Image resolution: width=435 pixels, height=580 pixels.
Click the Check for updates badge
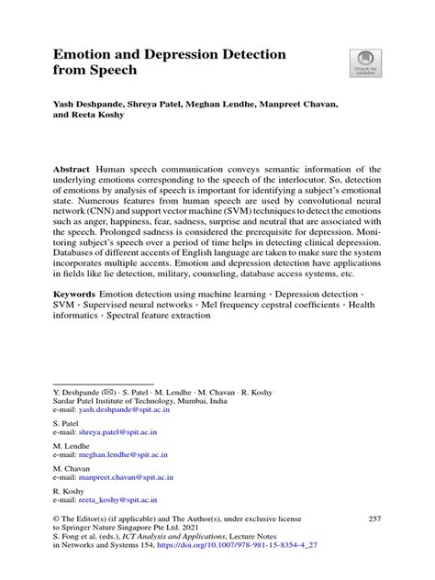coord(365,63)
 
